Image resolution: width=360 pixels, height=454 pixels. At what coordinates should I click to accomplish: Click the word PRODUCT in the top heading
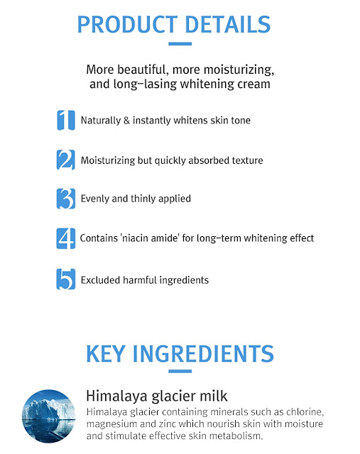(x=127, y=24)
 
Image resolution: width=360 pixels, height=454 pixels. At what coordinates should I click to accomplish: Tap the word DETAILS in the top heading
(x=227, y=24)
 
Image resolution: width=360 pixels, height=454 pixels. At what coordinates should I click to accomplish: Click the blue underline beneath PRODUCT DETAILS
(x=180, y=44)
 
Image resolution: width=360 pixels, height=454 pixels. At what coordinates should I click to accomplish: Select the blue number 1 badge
(x=66, y=120)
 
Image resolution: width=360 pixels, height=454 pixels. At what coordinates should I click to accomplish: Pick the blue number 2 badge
(x=66, y=160)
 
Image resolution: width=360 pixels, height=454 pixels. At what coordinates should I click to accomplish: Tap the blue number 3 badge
(x=66, y=199)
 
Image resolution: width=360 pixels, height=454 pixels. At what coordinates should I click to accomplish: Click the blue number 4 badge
(x=66, y=238)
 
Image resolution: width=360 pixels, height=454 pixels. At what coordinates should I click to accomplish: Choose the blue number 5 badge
(x=66, y=279)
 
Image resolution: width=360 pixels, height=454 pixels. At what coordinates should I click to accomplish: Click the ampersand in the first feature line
(x=126, y=120)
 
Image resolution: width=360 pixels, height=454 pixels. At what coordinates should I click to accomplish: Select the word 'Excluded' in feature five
(x=100, y=280)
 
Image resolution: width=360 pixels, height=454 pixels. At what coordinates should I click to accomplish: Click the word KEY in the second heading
(x=106, y=353)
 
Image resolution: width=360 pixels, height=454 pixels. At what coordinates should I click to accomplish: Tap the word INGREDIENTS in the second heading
(x=203, y=353)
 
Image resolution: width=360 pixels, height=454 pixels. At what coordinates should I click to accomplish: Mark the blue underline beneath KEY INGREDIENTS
(x=180, y=371)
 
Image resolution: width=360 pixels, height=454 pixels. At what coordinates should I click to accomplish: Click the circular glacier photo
(x=49, y=416)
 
